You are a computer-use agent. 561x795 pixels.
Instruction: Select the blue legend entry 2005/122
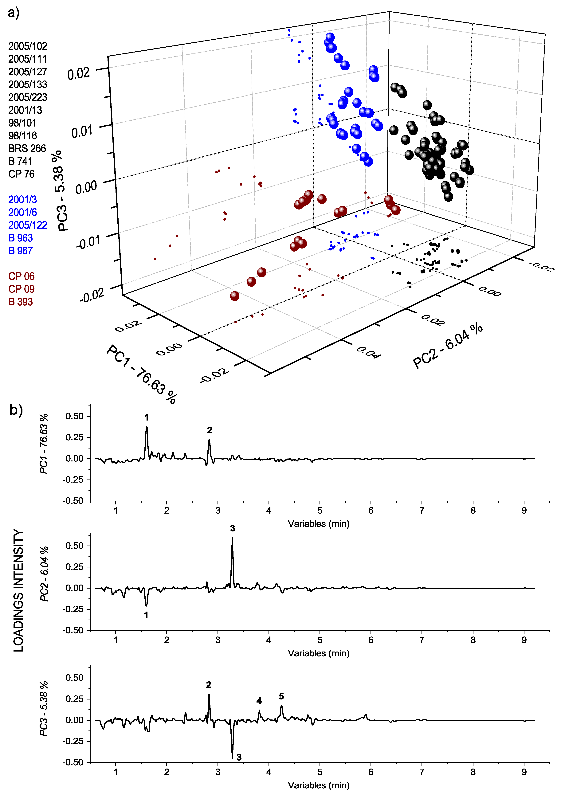coord(28,225)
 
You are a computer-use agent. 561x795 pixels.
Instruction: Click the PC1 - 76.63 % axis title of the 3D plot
coord(142,374)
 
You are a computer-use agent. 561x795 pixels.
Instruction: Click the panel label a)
coord(14,13)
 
